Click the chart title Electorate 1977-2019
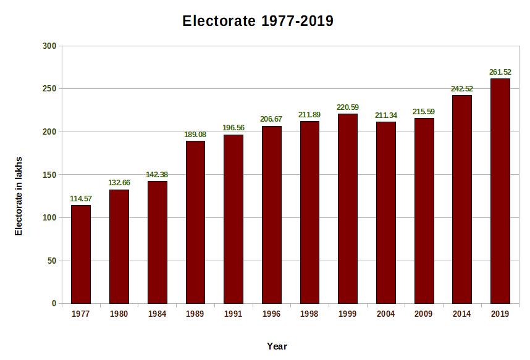tap(258, 21)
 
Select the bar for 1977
tap(81, 254)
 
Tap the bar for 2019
tap(500, 191)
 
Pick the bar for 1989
tap(195, 222)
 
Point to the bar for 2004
tap(385, 212)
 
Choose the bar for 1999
tap(347, 209)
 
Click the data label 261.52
tap(500, 72)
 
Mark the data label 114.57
tap(81, 198)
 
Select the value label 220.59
tap(347, 107)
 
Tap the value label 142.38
tap(157, 175)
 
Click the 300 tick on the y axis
tap(49, 46)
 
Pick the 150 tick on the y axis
tap(49, 175)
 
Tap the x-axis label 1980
tap(119, 314)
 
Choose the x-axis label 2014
tap(461, 314)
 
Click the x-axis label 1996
tap(271, 314)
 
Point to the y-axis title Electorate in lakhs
tap(19, 196)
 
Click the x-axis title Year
tap(277, 346)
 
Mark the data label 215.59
tap(424, 112)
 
